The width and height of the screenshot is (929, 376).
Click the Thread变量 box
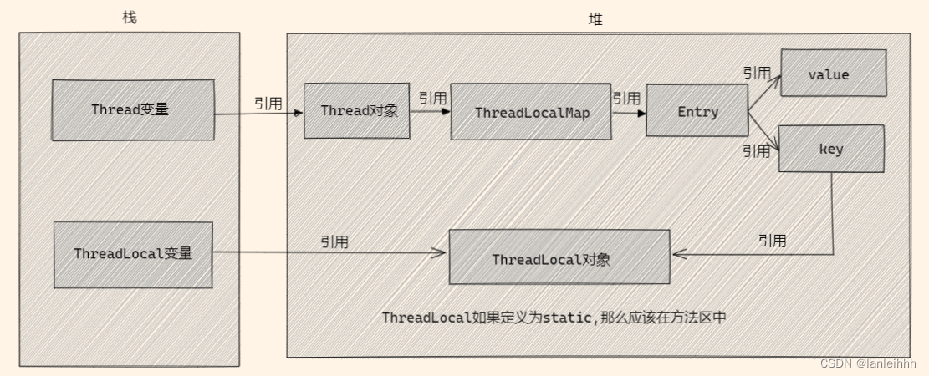pyautogui.click(x=133, y=110)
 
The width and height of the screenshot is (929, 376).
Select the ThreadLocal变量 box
pyautogui.click(x=133, y=253)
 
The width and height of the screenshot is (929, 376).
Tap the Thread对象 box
pyautogui.click(x=356, y=110)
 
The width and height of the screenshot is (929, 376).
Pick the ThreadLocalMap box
pyautogui.click(x=531, y=111)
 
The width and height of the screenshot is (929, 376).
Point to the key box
pyautogui.click(x=831, y=149)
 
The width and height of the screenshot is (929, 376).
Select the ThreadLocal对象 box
pyautogui.click(x=559, y=258)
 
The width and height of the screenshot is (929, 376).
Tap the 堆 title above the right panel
pyautogui.click(x=595, y=19)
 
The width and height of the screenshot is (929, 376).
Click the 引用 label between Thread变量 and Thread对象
pyautogui.click(x=268, y=104)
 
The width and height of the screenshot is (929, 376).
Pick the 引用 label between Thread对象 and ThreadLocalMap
pyautogui.click(x=432, y=98)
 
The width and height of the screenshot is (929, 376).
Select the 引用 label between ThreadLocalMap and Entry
pyautogui.click(x=625, y=98)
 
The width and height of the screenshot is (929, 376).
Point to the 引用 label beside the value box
pyautogui.click(x=756, y=74)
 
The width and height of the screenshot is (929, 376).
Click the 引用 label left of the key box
pyautogui.click(x=756, y=151)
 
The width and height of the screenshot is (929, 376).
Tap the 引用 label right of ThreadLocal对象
pyautogui.click(x=772, y=241)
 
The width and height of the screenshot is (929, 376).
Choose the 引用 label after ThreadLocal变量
pyautogui.click(x=334, y=241)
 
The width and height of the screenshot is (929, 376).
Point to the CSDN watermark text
pyautogui.click(x=869, y=363)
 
